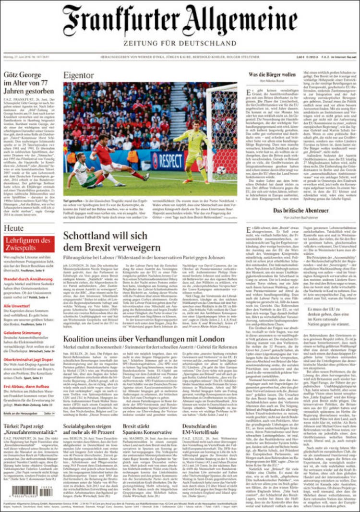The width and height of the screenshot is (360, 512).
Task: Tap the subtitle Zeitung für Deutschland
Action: (180, 44)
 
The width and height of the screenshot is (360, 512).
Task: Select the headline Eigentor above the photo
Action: (79, 75)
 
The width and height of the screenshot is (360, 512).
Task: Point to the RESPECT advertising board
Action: (168, 161)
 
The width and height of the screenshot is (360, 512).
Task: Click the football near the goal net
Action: (221, 170)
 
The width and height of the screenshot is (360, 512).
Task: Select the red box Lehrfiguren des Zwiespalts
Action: (29, 244)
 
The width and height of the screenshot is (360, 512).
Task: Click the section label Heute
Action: (14, 228)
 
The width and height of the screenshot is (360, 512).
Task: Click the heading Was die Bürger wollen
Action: (272, 75)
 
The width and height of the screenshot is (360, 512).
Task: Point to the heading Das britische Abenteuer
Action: (301, 211)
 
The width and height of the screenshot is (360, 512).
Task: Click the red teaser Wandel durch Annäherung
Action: (28, 279)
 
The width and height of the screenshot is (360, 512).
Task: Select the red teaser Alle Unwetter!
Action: (17, 306)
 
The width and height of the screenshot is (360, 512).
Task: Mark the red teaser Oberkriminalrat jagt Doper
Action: (28, 360)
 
